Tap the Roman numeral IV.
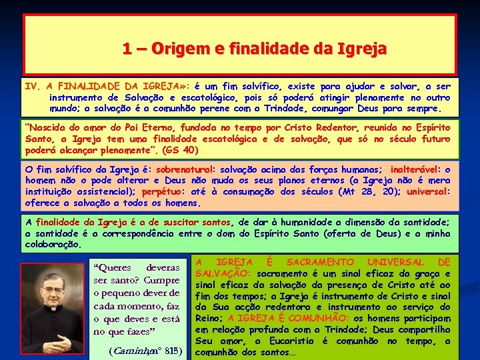(x=33, y=86)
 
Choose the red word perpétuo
(x=193, y=192)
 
